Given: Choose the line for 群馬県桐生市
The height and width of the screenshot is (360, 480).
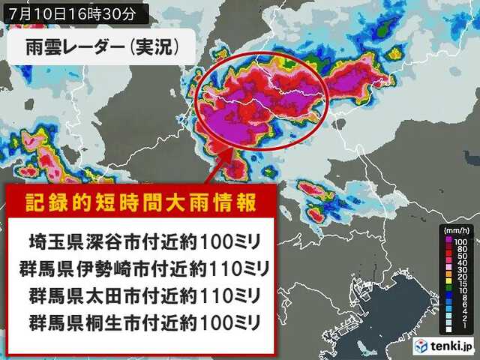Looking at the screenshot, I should [x=143, y=322].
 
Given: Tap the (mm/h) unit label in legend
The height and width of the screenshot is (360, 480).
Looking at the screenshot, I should [x=454, y=229].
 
